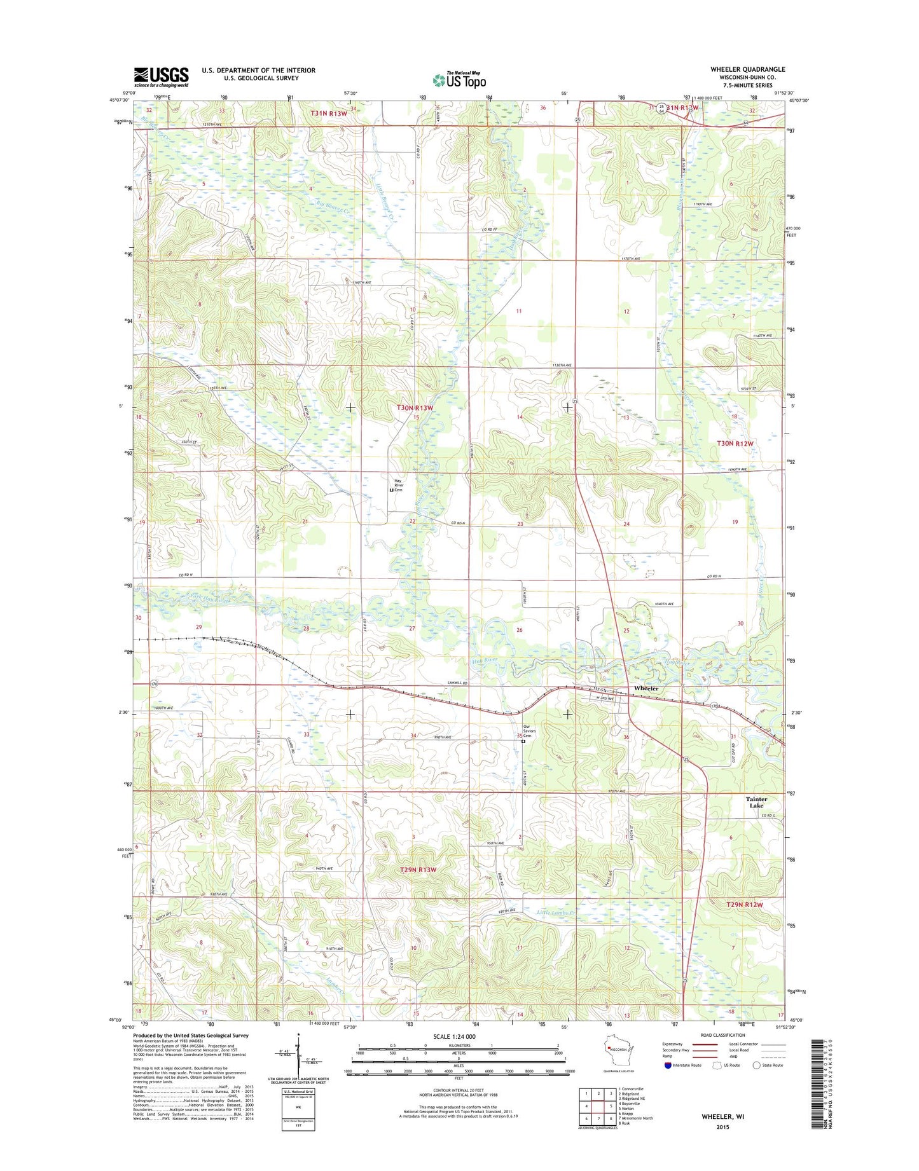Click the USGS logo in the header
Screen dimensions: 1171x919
[161, 77]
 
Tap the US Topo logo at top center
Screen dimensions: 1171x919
[459, 79]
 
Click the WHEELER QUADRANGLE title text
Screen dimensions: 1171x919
[748, 69]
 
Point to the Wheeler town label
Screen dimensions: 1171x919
[646, 689]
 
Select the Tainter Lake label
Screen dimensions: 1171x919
[756, 802]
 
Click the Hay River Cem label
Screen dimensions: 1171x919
[398, 485]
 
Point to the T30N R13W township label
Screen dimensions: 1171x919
[415, 407]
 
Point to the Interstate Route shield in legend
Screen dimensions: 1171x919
[668, 1083]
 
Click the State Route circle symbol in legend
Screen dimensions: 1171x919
[756, 1083]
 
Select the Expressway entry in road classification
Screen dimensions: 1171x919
[690, 1062]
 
